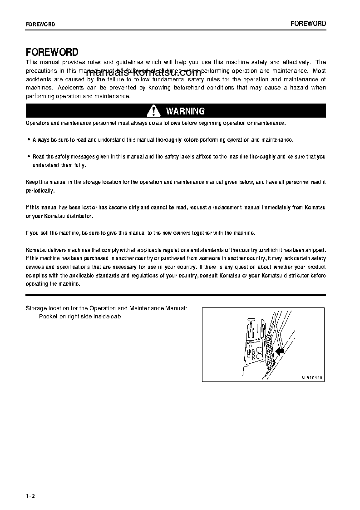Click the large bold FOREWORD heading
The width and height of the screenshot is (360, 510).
coord(52,52)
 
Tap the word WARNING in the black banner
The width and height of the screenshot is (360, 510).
coord(185,111)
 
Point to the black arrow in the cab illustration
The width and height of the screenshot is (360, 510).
coord(279,351)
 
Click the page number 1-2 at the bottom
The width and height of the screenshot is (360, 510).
coord(30,495)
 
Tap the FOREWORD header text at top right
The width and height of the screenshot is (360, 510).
coord(308,24)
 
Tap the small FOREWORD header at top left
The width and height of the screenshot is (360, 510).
coord(40,25)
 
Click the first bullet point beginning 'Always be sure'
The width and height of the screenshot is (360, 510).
coord(29,140)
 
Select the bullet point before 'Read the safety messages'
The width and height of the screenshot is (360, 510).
coord(29,157)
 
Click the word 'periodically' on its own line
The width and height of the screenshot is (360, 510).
coord(40,191)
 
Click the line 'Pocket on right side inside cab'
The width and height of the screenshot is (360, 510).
coord(79,317)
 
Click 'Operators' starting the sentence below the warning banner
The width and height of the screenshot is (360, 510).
coord(37,123)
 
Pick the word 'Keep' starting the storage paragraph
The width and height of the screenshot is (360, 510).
coord(31,182)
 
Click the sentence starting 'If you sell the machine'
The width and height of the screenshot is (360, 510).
coord(140,233)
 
